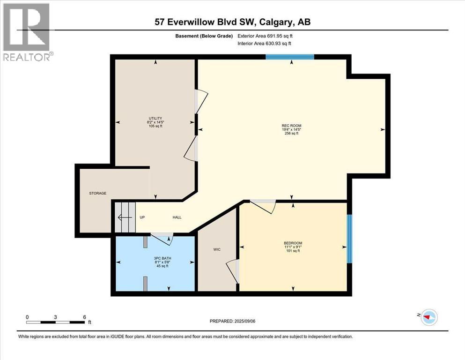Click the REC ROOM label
pos(291,126)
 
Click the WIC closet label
pos(217,249)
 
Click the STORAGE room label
pos(98,193)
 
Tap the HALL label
pos(177,217)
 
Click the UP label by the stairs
pos(142,217)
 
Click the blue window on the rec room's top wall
pos(290,57)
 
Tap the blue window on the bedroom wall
pos(349,239)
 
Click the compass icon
pos(428,317)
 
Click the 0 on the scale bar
pos(27,317)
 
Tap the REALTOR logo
pos(27,32)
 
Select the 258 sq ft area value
pos(291,134)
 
